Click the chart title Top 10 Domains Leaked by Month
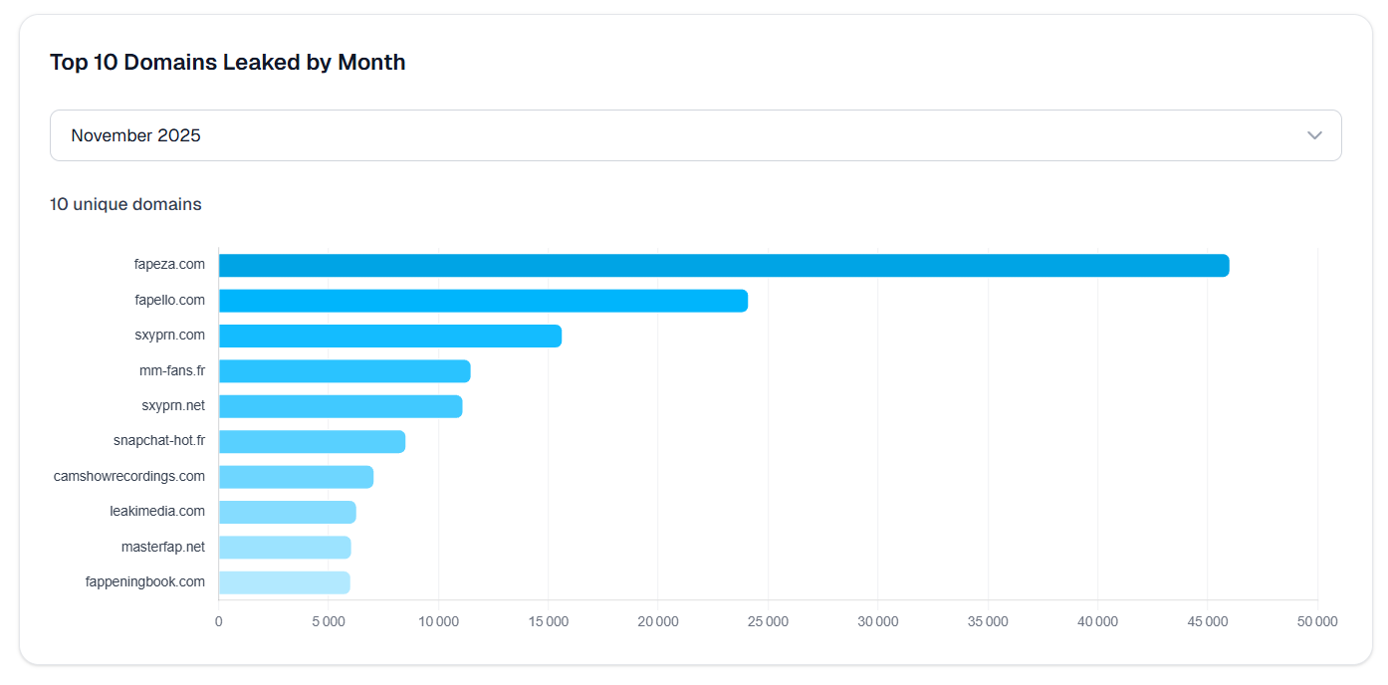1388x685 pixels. pos(227,63)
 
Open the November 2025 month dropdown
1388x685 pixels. pos(695,135)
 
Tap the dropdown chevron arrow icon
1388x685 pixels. pos(1314,135)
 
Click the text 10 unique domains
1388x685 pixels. pos(125,204)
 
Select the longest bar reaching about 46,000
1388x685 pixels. pos(723,266)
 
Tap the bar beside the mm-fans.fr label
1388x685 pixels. pos(344,371)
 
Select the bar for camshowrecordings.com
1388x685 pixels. pos(296,477)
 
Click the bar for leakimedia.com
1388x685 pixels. pos(287,512)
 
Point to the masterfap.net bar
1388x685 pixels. pos(285,548)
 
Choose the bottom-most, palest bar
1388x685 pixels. pos(284,582)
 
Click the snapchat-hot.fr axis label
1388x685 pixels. pos(159,441)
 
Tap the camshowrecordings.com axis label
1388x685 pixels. pos(129,476)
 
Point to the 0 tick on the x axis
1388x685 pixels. pos(219,621)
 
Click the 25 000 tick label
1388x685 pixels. pos(768,621)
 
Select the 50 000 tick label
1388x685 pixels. pos(1317,621)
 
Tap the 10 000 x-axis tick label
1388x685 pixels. pos(438,621)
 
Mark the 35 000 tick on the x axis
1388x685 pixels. pos(988,621)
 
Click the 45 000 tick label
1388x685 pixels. pos(1207,621)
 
